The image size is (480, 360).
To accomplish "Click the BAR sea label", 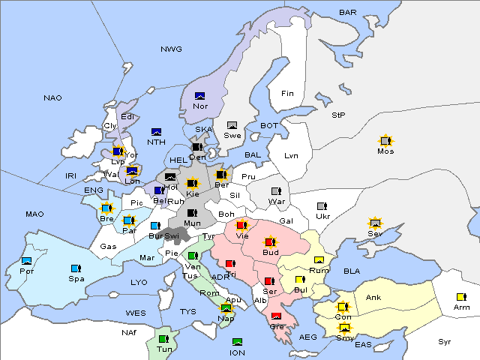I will (348, 13).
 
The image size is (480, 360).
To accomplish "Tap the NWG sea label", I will (171, 49).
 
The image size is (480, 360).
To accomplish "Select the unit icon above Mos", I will (385, 140).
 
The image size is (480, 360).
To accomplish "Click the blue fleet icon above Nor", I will (200, 96).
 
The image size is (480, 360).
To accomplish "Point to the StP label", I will (338, 115).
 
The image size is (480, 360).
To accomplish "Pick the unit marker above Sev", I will (375, 223).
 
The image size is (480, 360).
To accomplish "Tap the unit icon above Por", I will (27, 261).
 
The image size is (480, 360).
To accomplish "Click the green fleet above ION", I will (237, 342).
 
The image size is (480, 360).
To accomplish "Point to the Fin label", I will (287, 94).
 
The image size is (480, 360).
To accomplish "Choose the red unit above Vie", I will (241, 224).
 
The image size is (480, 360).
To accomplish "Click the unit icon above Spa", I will (75, 268).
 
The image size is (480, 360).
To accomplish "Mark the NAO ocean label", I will (53, 98).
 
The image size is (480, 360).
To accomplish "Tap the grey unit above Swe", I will (232, 125).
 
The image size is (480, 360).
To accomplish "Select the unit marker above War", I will (277, 190).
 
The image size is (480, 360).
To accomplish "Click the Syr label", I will (445, 342).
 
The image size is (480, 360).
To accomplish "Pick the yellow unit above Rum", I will (319, 260).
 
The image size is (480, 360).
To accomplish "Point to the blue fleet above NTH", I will (157, 132).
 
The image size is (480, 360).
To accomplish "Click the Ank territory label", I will (373, 298).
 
